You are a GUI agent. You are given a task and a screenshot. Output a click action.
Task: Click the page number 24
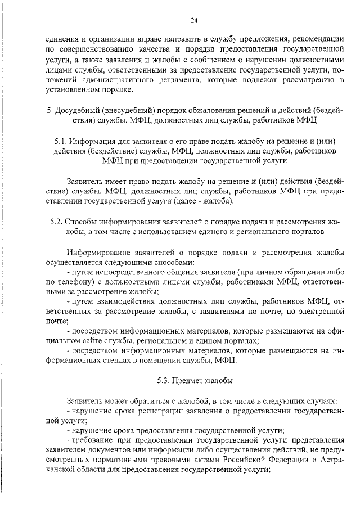(x=193, y=21)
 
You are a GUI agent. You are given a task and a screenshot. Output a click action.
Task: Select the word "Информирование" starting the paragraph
(x=98, y=252)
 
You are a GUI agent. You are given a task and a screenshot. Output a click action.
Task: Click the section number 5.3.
(x=164, y=381)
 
